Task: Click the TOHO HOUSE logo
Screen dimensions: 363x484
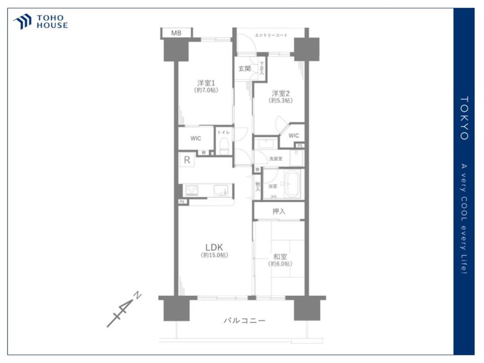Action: click(41, 22)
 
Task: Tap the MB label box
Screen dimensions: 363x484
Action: click(176, 33)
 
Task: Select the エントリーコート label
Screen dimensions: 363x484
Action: click(271, 35)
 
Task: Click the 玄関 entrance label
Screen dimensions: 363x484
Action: click(244, 69)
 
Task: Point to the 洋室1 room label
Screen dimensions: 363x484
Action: click(206, 83)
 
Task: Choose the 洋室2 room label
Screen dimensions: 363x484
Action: click(280, 93)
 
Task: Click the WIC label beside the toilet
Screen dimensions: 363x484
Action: click(196, 138)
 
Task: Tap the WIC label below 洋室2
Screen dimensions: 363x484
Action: click(294, 136)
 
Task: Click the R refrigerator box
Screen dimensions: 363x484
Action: click(186, 160)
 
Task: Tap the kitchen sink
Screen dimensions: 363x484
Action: click(221, 191)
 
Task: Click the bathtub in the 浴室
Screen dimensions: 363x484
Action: click(292, 184)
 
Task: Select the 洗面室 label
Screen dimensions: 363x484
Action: click(275, 158)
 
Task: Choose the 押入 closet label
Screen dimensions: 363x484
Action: click(279, 211)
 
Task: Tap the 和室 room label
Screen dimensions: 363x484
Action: click(280, 257)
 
